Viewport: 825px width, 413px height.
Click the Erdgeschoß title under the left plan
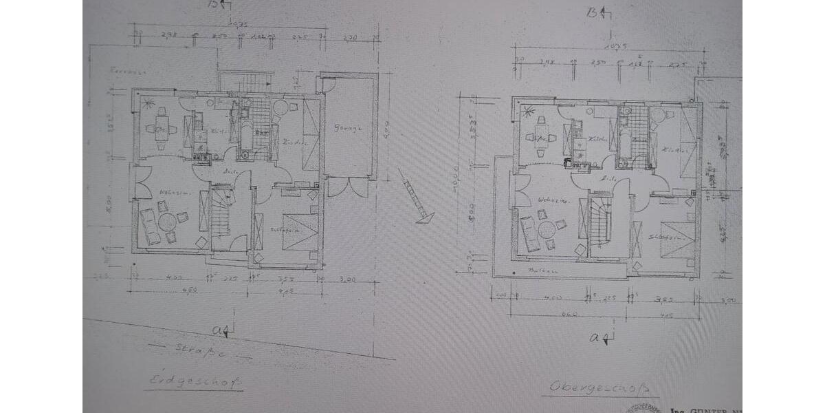[x=193, y=381]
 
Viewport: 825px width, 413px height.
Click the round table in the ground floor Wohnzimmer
[x=167, y=222]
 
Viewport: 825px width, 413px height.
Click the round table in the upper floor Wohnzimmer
[x=547, y=229]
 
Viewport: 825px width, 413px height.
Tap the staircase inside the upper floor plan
[x=599, y=222]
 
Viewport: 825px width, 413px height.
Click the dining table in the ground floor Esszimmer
[x=162, y=129]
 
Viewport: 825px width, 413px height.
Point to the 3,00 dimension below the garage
[x=349, y=280]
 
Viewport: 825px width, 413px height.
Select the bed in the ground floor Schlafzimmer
[x=300, y=232]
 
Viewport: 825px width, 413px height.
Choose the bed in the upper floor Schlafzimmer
[x=679, y=240]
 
